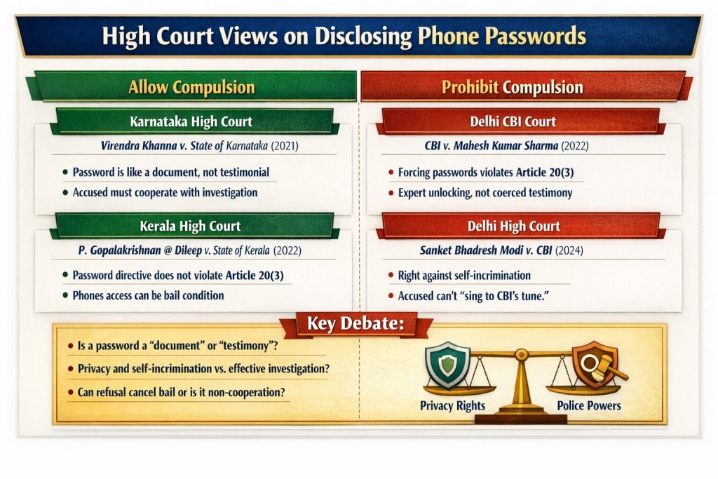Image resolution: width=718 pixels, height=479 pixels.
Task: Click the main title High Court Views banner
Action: tap(359, 36)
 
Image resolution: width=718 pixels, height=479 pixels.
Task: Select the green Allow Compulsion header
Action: tap(191, 87)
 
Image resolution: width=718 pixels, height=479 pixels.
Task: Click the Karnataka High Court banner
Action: tap(191, 121)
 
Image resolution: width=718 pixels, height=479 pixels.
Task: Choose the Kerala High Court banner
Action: tap(191, 226)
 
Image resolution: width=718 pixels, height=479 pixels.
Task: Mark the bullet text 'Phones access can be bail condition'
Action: tap(148, 295)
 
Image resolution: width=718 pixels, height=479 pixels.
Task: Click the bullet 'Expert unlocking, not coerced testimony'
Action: tap(485, 192)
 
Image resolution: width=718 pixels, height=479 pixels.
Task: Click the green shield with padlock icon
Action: tap(447, 363)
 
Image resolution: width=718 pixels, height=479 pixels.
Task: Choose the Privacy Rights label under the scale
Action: tap(452, 405)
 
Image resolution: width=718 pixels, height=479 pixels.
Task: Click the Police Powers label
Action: tap(588, 405)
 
